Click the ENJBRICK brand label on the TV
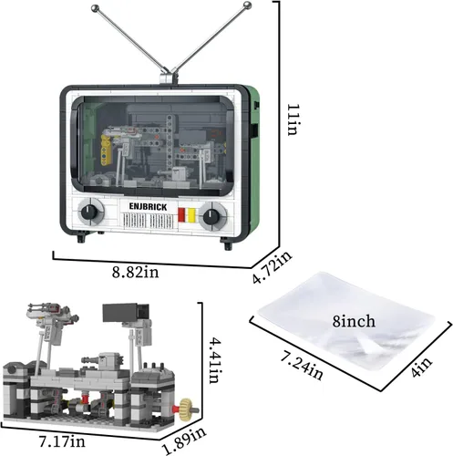click(148, 207)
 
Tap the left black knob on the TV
click(89, 212)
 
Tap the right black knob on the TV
click(211, 217)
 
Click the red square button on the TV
click(181, 214)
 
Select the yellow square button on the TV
click(191, 215)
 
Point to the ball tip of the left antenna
click(95, 8)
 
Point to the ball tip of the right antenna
click(248, 5)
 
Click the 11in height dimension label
click(293, 119)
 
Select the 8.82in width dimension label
click(136, 272)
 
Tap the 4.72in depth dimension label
click(272, 267)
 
